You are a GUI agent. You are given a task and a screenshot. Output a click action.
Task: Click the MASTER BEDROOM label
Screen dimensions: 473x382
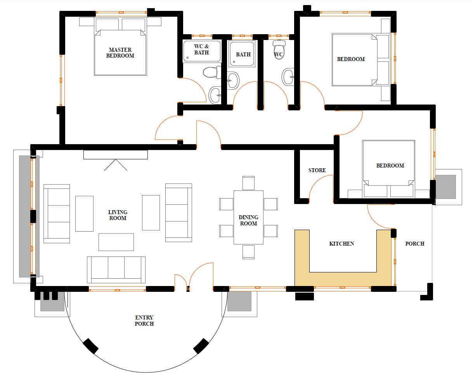120,52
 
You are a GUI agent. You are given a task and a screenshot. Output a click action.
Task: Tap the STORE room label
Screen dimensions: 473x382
317,170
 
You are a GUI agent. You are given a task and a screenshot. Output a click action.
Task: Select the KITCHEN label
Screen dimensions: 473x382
341,244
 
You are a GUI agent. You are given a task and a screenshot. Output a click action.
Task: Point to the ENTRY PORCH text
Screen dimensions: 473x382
144,321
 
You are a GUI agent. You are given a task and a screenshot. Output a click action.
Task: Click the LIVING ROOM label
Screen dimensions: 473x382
118,215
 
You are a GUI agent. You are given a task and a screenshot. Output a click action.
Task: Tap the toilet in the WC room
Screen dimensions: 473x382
279,49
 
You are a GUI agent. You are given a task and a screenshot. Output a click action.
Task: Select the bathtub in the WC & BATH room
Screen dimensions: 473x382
202,51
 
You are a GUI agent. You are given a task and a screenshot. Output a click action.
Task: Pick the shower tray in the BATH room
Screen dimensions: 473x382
242,54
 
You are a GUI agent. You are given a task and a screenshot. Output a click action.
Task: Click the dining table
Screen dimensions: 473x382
248,217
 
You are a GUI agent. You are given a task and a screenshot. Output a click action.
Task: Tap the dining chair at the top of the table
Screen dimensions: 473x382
248,183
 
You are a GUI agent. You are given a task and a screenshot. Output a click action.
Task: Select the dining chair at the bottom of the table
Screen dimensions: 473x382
248,252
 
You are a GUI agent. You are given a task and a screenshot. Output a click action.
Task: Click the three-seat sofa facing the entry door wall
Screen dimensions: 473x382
116,269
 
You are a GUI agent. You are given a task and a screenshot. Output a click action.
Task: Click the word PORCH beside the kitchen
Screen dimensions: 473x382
414,244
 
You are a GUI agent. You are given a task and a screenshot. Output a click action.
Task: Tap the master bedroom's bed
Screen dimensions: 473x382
120,47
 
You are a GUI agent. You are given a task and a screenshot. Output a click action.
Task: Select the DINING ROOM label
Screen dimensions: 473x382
248,220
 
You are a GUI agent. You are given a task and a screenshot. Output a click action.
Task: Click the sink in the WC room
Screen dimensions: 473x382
288,77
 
